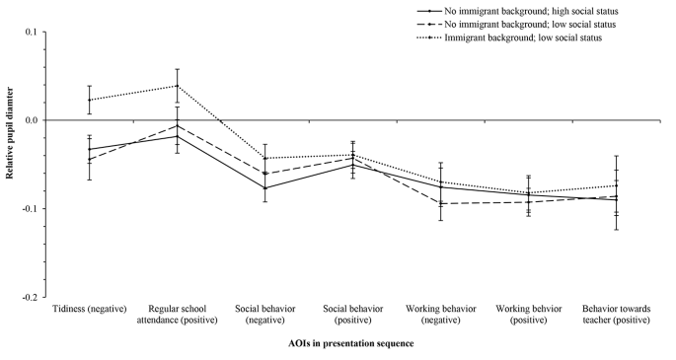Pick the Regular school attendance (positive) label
click(x=177, y=316)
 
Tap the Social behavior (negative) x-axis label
click(x=264, y=316)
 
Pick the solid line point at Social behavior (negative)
click(x=264, y=187)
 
